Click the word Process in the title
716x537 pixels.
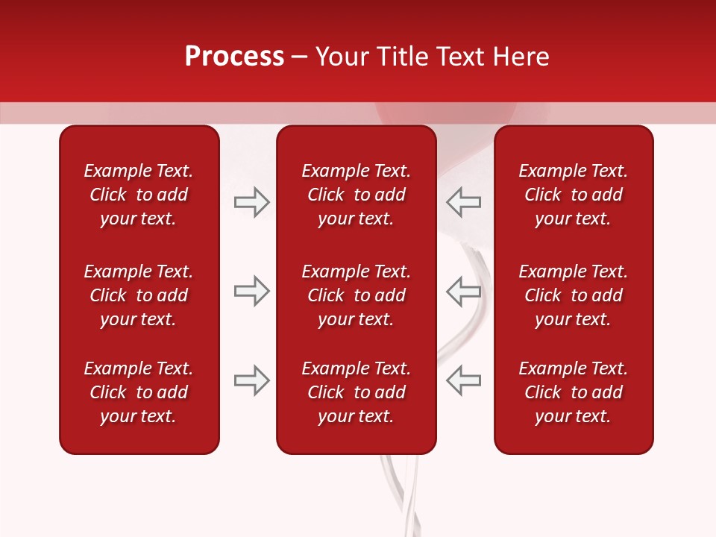(x=234, y=57)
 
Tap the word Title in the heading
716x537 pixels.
(x=401, y=57)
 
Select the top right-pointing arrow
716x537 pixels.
(x=251, y=202)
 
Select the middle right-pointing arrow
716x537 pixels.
(x=251, y=292)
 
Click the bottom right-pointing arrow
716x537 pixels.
(x=251, y=380)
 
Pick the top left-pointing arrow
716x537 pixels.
(x=463, y=202)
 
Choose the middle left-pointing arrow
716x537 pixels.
(x=463, y=292)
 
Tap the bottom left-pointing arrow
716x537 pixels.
(x=463, y=380)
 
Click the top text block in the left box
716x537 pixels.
(x=139, y=195)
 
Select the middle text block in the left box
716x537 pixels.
(x=139, y=295)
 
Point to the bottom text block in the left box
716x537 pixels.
(x=139, y=392)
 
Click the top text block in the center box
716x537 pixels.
(x=357, y=195)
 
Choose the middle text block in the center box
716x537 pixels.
(x=357, y=295)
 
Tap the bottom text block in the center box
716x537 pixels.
(x=357, y=392)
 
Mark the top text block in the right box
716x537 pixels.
(x=574, y=195)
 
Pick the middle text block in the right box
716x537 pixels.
(x=574, y=295)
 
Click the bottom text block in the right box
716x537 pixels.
(x=574, y=392)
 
